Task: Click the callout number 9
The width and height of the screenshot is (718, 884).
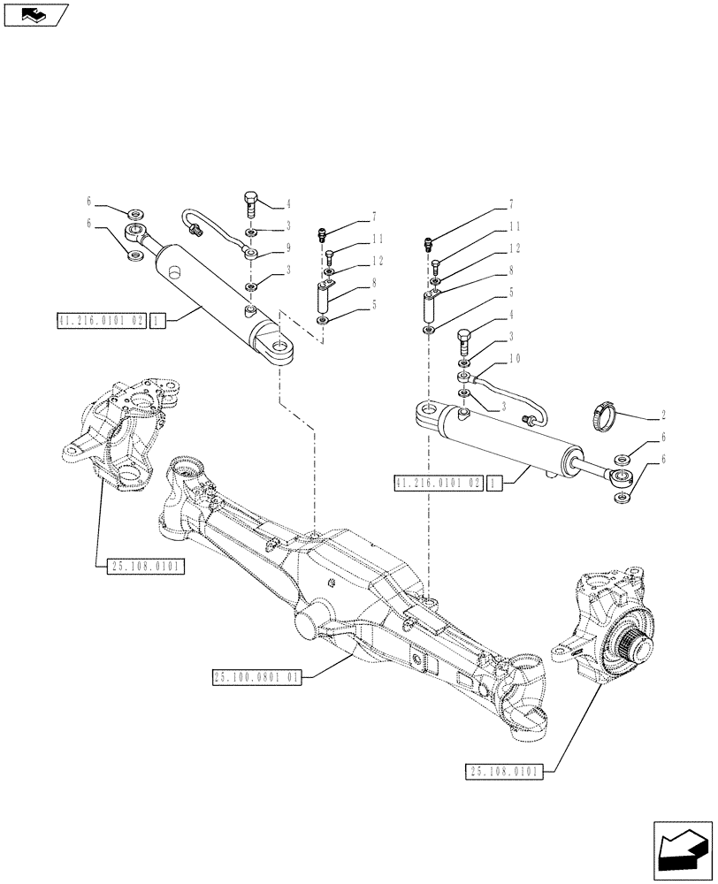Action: (x=288, y=248)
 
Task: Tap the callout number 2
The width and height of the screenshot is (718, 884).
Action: (x=662, y=414)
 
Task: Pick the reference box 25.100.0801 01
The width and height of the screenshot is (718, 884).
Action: (x=257, y=678)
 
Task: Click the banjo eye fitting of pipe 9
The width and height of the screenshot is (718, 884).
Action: (x=252, y=254)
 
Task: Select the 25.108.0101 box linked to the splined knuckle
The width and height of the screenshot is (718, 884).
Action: (x=503, y=771)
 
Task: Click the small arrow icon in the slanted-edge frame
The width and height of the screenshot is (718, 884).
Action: (x=34, y=13)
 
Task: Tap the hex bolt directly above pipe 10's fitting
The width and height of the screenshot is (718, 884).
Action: (x=464, y=339)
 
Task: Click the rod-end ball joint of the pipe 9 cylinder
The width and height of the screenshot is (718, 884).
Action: (x=138, y=234)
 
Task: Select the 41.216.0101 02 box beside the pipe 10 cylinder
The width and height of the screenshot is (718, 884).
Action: (x=439, y=484)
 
